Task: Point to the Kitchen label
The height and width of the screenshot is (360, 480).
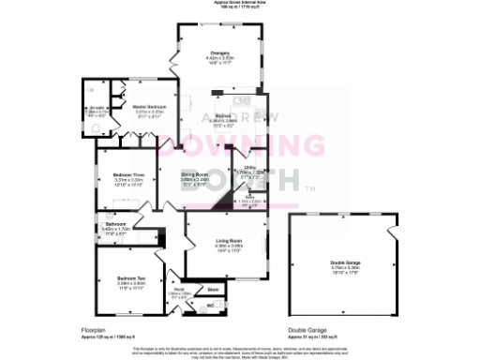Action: coord(223,117)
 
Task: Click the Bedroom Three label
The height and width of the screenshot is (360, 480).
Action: coord(128,175)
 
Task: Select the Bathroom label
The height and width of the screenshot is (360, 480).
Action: coord(115,224)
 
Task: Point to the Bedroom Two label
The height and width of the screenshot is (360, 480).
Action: coord(129,278)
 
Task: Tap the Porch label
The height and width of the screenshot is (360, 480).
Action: coord(179,291)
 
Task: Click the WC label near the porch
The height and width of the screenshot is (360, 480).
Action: coord(210,306)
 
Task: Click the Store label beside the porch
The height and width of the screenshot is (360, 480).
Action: coord(213,290)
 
